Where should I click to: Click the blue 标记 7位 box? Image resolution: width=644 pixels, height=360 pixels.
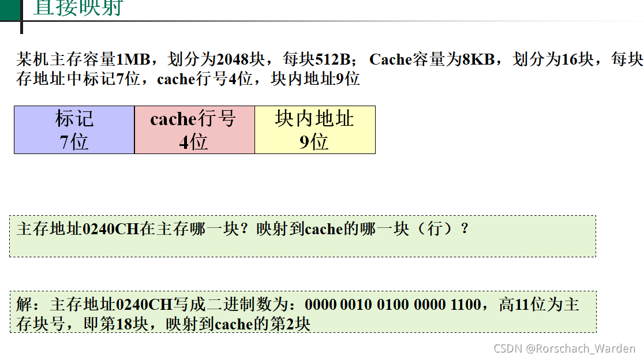click(x=74, y=130)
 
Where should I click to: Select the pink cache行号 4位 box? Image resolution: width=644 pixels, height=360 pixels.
click(x=194, y=130)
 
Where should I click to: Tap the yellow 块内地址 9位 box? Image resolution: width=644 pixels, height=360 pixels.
click(x=314, y=130)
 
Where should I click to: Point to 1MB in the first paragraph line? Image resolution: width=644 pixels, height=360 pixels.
click(x=133, y=59)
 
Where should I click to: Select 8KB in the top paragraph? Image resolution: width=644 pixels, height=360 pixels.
click(x=478, y=59)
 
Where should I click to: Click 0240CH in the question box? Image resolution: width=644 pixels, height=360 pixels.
click(x=111, y=229)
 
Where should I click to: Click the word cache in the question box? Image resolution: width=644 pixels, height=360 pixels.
click(x=324, y=229)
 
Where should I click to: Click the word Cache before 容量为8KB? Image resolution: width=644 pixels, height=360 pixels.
click(x=391, y=59)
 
